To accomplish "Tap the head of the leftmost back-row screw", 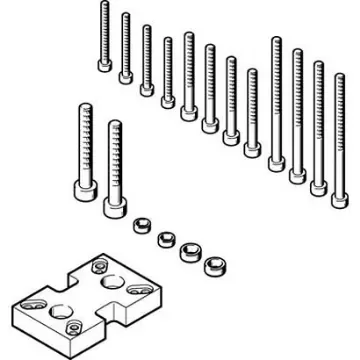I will tap(105, 65).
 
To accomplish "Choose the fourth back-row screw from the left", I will tap(168, 70).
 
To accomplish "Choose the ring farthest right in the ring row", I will tap(212, 268).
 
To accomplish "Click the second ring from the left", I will tap(163, 239).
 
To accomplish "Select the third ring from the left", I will tap(187, 253).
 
